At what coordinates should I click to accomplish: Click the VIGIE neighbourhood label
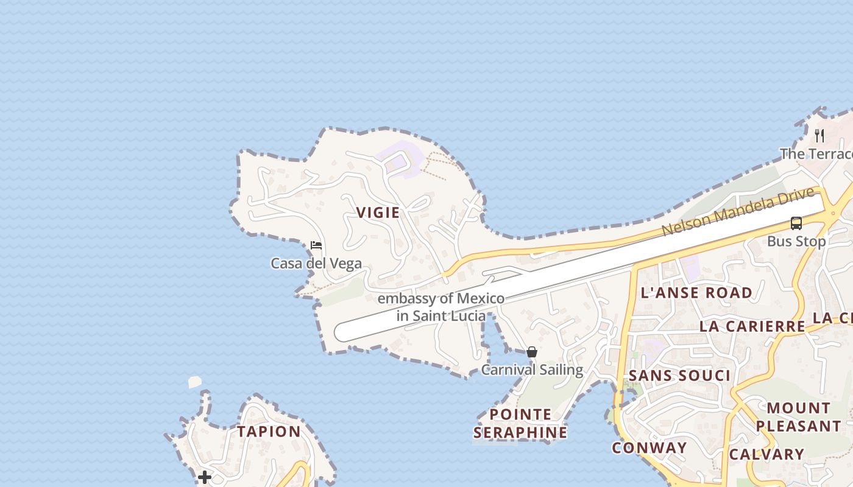378,212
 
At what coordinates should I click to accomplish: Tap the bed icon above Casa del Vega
316,245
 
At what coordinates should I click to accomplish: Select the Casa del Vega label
316,264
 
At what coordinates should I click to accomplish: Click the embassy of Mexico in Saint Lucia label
441,307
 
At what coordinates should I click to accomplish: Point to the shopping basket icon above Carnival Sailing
532,352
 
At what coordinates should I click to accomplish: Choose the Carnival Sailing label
532,370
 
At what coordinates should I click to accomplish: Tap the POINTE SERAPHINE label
520,424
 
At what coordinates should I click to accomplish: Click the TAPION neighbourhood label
269,432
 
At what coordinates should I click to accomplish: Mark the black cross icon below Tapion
205,477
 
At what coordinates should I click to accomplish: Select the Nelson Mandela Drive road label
738,212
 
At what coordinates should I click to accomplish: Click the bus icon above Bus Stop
796,223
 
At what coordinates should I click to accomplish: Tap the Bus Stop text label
796,241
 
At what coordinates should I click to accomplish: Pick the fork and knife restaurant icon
819,135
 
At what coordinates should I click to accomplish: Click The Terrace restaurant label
816,153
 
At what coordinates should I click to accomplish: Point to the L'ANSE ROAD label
696,293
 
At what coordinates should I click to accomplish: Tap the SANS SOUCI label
679,376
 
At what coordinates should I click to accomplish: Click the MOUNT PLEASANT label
798,417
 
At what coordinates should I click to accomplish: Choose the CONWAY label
649,448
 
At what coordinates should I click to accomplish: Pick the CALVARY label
766,454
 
